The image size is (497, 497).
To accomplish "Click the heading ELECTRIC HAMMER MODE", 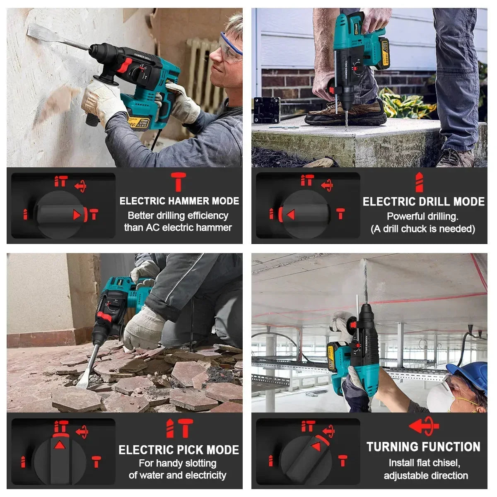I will pyautogui.click(x=179, y=201).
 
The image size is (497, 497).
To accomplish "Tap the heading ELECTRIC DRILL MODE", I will pyautogui.click(x=423, y=202).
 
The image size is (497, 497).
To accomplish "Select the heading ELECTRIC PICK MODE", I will pyautogui.click(x=179, y=450).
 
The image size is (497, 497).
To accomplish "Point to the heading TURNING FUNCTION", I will pyautogui.click(x=423, y=447).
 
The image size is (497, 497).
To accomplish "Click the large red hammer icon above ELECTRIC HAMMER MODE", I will pyautogui.click(x=179, y=182).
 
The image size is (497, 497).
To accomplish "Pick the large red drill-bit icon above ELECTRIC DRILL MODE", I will pyautogui.click(x=419, y=182).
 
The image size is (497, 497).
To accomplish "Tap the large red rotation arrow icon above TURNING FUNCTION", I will pyautogui.click(x=424, y=426).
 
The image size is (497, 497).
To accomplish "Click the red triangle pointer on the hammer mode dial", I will pyautogui.click(x=76, y=215).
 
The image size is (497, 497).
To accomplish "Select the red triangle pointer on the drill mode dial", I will pyautogui.click(x=290, y=214).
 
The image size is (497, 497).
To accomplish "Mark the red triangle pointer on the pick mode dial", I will pyautogui.click(x=60, y=445).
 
